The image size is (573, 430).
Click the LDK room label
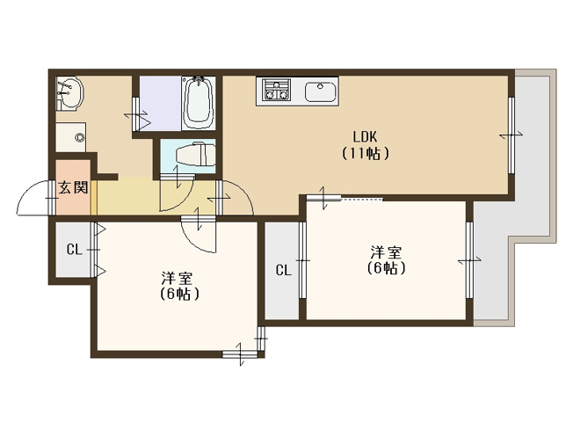click(365, 137)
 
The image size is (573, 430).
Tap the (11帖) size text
click(365, 154)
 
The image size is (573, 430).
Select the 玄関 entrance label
click(74, 187)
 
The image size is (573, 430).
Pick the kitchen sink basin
click(320, 91)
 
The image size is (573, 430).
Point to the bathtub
click(199, 102)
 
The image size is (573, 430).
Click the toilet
click(195, 155)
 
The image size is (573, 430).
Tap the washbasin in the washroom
click(69, 92)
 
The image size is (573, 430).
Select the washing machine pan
click(71, 137)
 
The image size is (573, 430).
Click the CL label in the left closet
click(74, 250)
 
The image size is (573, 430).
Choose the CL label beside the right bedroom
click(284, 270)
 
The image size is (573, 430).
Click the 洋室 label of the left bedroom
click(178, 279)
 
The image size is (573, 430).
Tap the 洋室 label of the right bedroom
click(387, 252)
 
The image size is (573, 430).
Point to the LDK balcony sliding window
click(511, 135)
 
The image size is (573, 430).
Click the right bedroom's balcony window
click(469, 260)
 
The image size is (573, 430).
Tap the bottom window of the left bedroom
click(240, 354)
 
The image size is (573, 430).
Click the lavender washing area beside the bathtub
click(161, 103)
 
